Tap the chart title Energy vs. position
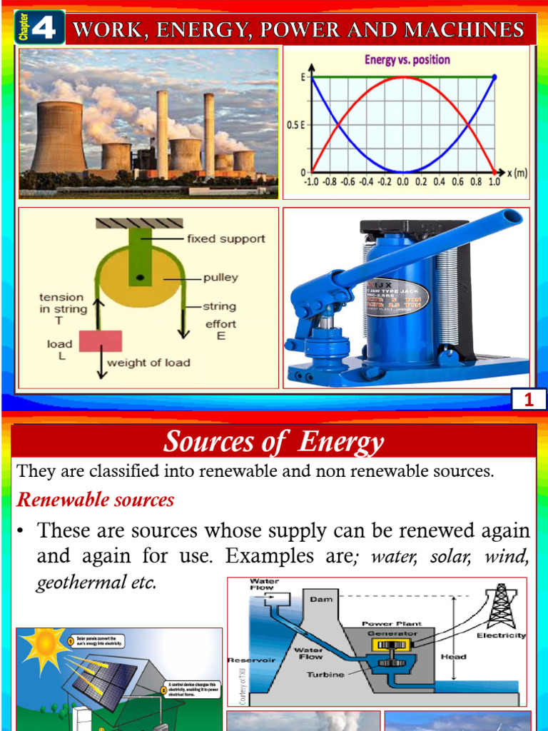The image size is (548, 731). pos(407,60)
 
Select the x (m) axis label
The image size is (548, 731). pos(519,173)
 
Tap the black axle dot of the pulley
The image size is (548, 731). pos(142,277)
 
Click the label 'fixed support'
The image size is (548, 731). pos(225,238)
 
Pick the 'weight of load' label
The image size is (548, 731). pos(148,363)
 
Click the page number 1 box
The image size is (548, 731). pos(529,400)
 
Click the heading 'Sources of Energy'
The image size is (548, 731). pos(274,443)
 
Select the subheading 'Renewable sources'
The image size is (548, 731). pos(96,500)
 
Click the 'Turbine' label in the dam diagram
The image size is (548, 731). pos(325,675)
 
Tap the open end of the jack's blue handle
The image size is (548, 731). pos(512,216)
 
